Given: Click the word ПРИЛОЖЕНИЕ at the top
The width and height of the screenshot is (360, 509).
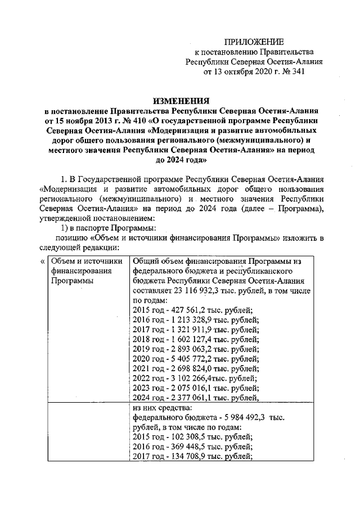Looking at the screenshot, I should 254,42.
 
